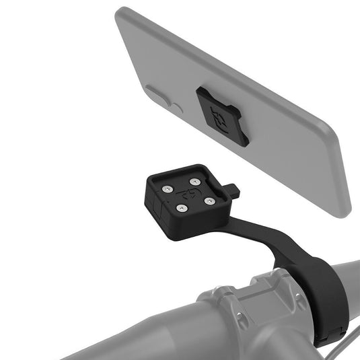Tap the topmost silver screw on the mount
click(194, 180)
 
